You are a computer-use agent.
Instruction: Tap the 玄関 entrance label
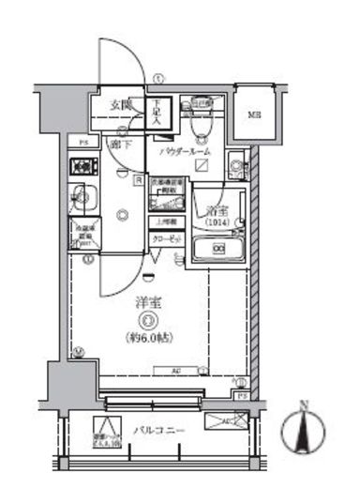pyautogui.click(x=116, y=104)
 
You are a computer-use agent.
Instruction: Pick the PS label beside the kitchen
pyautogui.click(x=82, y=144)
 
